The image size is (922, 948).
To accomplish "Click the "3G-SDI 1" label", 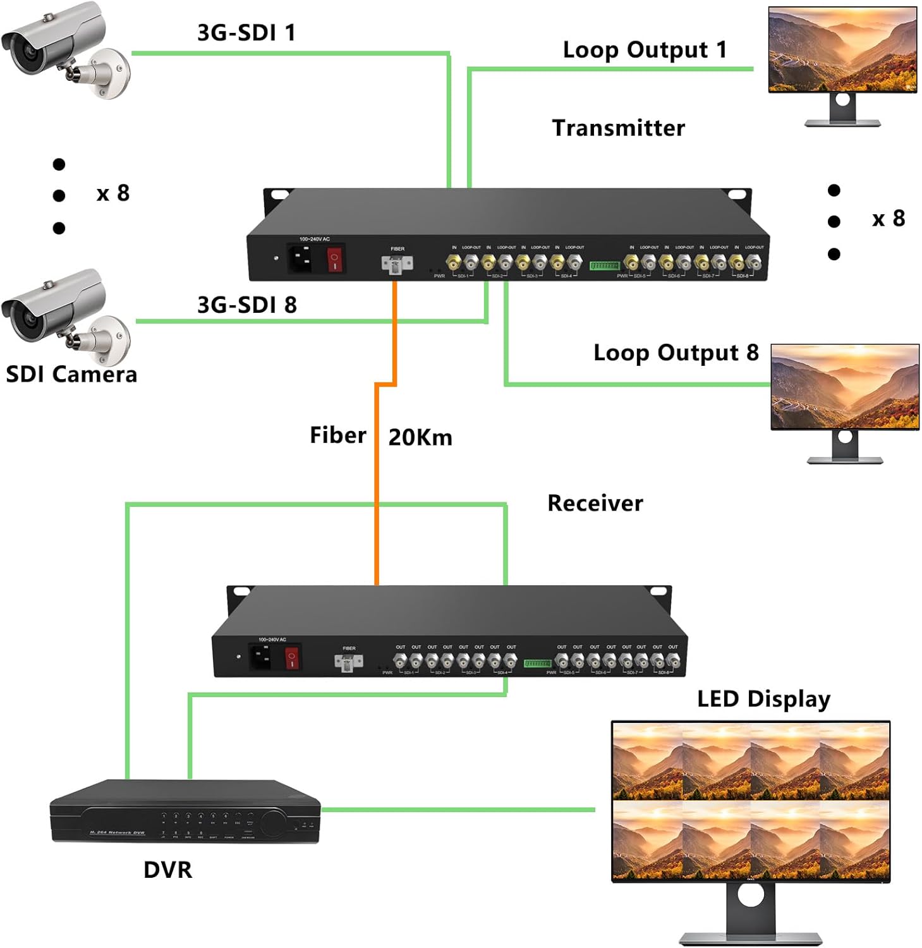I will (x=246, y=33).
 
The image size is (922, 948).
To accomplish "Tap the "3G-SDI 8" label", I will (x=247, y=305).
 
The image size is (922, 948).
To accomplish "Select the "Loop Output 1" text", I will (x=645, y=50).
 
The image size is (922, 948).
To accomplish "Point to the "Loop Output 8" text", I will (x=676, y=353).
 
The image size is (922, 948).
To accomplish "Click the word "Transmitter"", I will (x=618, y=128).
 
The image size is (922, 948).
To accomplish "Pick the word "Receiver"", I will (x=595, y=504).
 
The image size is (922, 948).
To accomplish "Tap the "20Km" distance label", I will (x=420, y=437).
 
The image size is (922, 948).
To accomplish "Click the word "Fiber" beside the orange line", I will (x=337, y=435).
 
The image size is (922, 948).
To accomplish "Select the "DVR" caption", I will (x=167, y=870).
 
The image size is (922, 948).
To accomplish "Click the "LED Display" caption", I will (x=763, y=699).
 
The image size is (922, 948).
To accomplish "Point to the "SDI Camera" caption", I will (x=71, y=375).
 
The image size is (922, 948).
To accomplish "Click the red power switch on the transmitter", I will (x=335, y=259).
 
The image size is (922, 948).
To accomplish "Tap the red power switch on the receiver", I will (x=292, y=657).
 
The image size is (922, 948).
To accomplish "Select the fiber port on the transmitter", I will (x=397, y=264).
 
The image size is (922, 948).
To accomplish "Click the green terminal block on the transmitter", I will (x=604, y=265).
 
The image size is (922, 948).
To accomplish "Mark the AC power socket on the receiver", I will (x=261, y=657).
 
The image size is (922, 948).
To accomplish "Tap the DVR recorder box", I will (x=185, y=811).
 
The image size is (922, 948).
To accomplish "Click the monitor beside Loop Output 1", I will (x=842, y=57).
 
